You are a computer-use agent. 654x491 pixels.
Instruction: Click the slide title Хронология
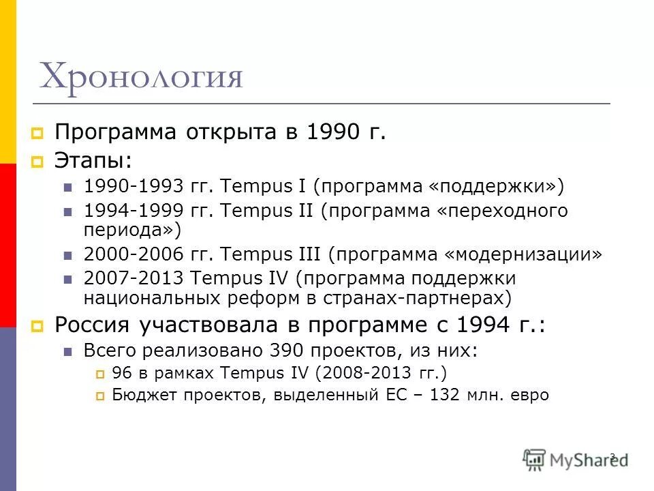point(141,77)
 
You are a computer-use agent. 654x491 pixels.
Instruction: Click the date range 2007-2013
point(131,278)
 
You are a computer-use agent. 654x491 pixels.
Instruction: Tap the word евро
point(528,395)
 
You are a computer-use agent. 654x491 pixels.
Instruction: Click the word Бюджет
point(137,395)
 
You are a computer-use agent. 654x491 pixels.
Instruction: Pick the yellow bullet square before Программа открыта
point(37,132)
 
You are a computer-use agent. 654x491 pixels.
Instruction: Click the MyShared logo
point(576,458)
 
